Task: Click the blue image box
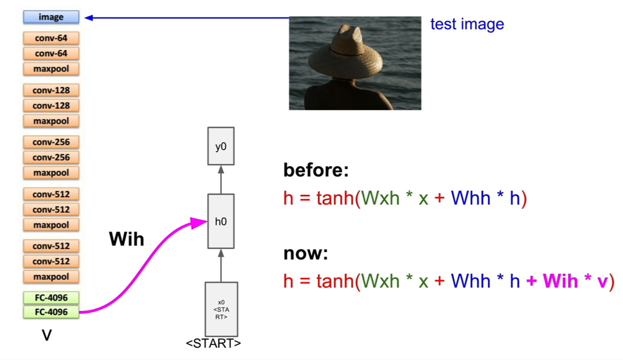[x=51, y=17]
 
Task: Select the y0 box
[x=221, y=146]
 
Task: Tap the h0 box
[x=221, y=221]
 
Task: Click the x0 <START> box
[x=222, y=309]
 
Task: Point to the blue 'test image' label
[x=467, y=24]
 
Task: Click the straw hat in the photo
[x=346, y=53]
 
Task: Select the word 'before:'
[x=316, y=170]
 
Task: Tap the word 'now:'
[x=306, y=254]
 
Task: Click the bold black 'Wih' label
[x=127, y=239]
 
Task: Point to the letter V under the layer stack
[x=47, y=335]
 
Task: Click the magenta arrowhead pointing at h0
[x=199, y=223]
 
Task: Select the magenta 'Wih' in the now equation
[x=560, y=281]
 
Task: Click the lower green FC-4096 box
[x=51, y=312]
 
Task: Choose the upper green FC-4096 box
[x=51, y=298]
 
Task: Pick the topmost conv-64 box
[x=51, y=38]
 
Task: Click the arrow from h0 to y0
[x=221, y=179]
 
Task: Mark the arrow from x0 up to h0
[x=221, y=265]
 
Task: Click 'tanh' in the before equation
[x=335, y=198]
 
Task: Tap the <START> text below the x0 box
[x=213, y=343]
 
